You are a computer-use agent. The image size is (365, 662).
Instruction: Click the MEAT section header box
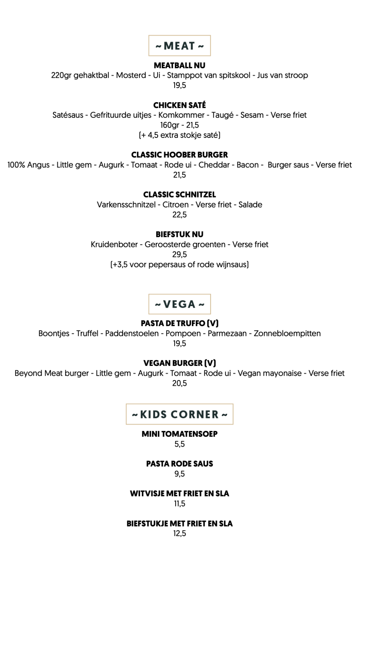179,45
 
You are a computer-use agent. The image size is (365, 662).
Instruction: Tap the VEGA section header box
179,304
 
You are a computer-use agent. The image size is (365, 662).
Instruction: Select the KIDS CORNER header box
179,414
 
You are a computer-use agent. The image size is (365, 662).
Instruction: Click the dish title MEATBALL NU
179,65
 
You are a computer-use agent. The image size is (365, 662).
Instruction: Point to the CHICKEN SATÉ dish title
179,105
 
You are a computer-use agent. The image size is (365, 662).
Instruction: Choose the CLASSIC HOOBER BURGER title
179,155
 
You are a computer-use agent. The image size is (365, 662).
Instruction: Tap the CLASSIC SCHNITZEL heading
179,195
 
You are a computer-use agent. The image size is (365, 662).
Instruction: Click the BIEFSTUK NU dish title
179,234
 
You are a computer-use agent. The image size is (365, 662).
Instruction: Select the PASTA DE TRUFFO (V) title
179,323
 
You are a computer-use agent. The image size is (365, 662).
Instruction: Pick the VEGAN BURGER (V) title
179,363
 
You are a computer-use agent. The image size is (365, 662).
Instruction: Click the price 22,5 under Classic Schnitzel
179,215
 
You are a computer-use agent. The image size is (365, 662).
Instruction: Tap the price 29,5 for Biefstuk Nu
179,255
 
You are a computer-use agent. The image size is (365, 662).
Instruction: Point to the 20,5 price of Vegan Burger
179,383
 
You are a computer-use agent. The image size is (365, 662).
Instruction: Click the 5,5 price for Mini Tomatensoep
179,444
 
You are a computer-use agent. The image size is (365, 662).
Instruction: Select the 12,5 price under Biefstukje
179,533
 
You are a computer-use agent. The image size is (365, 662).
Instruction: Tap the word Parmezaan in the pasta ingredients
227,333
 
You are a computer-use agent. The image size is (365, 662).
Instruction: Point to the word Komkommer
181,115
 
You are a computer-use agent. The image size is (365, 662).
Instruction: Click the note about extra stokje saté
179,135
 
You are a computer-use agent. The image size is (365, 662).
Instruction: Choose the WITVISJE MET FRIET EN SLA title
179,494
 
